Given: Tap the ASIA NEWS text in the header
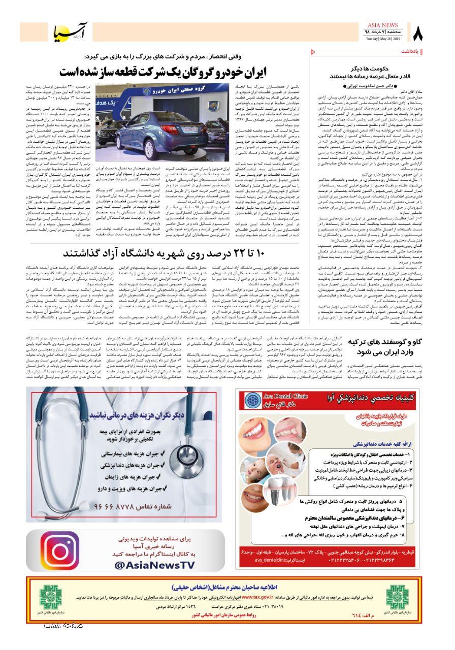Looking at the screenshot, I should tap(383, 25).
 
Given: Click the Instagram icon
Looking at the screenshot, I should tap(59, 550).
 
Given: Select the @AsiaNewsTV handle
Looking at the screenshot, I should tap(154, 565).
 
